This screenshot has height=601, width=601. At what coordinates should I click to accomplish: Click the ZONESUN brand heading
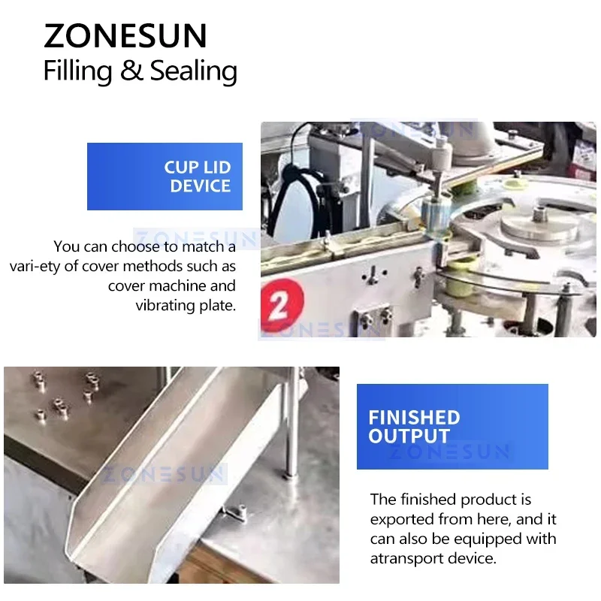(x=125, y=35)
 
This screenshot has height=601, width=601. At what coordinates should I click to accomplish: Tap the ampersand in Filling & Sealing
(x=131, y=70)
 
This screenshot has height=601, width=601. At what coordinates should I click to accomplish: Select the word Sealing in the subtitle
(x=194, y=71)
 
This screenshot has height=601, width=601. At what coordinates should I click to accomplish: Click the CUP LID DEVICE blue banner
(x=165, y=177)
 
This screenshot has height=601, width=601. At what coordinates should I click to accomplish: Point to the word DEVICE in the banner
(x=200, y=186)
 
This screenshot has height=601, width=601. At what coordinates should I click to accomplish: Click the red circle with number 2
(x=282, y=306)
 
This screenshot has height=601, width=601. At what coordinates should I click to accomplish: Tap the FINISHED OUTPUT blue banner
(x=452, y=426)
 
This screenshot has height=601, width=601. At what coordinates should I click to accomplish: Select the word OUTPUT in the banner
(x=409, y=436)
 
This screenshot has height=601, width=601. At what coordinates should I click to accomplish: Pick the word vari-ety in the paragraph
(x=35, y=267)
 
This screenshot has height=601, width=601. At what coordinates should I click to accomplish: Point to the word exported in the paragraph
(x=402, y=519)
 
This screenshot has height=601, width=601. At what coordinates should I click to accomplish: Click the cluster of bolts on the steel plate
(x=65, y=395)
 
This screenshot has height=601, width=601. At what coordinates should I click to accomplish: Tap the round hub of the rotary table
(x=539, y=224)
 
